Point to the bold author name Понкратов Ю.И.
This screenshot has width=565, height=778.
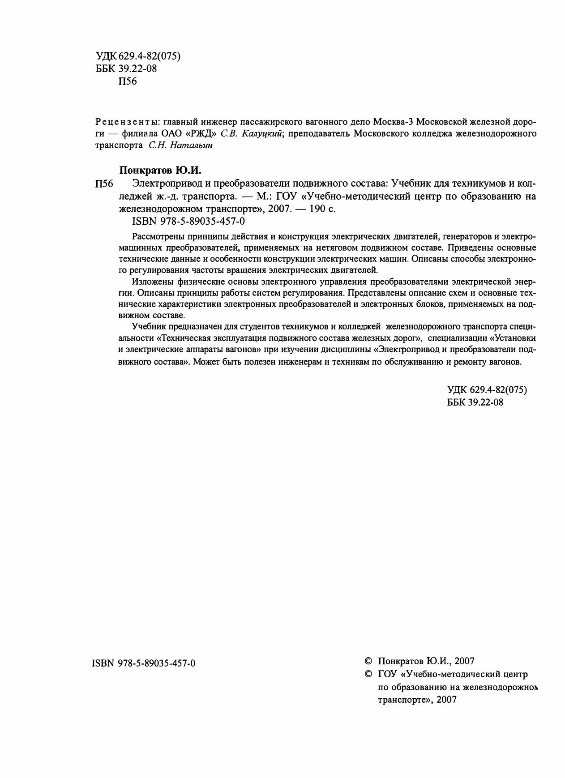pos(161,170)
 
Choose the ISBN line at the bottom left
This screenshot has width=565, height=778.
pos(143,663)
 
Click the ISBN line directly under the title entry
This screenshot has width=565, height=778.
pos(188,221)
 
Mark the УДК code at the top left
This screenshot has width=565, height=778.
pos(138,56)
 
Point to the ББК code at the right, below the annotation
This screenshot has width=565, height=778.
pos(475,402)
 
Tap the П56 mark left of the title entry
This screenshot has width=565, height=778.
pos(104,184)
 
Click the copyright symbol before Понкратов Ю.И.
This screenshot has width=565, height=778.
pos(368,661)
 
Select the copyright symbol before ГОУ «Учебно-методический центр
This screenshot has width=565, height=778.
pos(368,674)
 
